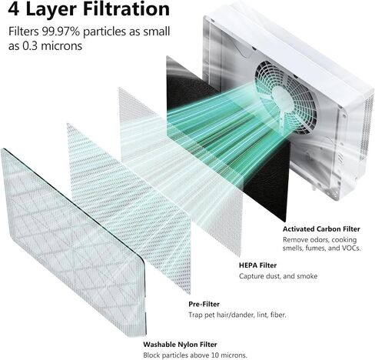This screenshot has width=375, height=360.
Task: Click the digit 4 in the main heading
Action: coord(13,9)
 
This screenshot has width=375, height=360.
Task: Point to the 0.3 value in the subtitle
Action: coord(30,46)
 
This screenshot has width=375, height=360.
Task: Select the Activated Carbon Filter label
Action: coord(321,229)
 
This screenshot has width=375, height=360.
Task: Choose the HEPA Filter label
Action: coord(257,265)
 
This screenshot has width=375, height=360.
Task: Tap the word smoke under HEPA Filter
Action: coord(307,276)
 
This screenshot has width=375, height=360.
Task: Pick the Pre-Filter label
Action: coord(204,304)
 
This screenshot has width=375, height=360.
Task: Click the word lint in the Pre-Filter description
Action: coord(262,315)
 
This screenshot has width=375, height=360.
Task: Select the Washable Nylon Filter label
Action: coord(180,345)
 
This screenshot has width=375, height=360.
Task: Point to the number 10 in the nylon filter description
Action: coord(215,355)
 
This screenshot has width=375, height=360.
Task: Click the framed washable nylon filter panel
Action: coord(74,242)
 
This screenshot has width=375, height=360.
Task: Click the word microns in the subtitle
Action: coord(61,46)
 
